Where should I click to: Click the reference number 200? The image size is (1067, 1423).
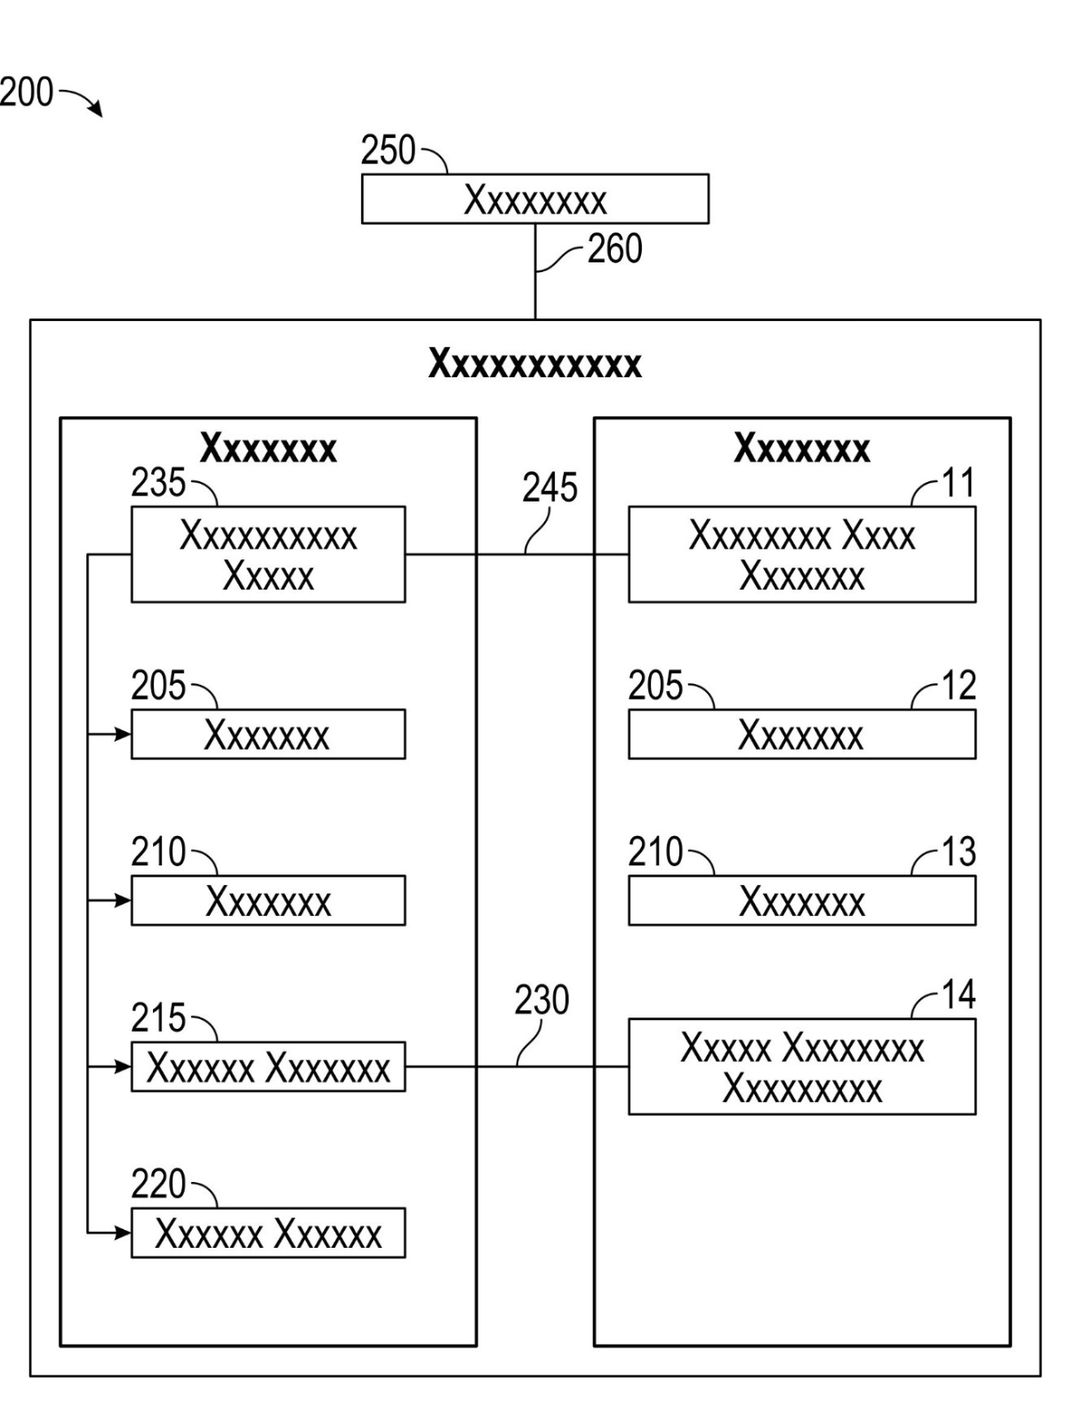point(26,92)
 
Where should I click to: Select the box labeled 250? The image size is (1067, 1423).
point(534,199)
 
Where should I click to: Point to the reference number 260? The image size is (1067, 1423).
point(614,249)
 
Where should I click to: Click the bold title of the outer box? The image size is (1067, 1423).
point(534,364)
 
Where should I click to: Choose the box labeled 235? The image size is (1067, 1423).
point(268,555)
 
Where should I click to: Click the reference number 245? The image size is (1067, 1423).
point(550,487)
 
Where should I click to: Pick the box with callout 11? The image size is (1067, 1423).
point(801,555)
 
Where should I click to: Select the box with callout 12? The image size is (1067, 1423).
point(801,735)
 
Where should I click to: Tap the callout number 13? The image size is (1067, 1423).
point(959,852)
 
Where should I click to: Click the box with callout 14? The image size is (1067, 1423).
point(801,1067)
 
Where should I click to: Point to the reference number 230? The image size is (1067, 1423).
point(542,1000)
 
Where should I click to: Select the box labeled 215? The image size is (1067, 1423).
point(268,1067)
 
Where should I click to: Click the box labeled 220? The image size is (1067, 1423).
point(268,1234)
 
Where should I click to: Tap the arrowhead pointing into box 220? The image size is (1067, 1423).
point(124,1234)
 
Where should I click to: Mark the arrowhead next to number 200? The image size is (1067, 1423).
point(97,111)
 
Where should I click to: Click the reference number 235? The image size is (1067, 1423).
point(158,483)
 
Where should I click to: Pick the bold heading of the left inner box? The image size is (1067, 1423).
point(268,448)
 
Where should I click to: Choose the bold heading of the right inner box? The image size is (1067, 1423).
point(801,448)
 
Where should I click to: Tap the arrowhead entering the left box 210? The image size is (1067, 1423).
point(124,901)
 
